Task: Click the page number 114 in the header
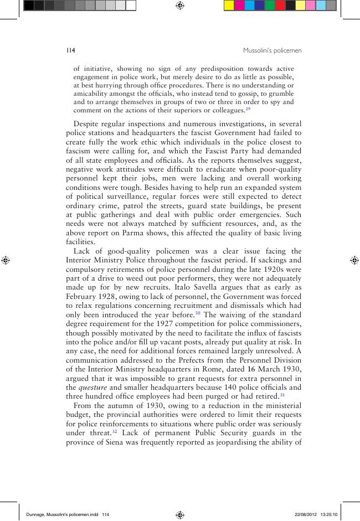coord(70,50)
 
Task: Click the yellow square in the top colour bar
coord(228,6)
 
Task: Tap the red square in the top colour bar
coord(280,6)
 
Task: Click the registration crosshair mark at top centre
coord(180,6)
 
